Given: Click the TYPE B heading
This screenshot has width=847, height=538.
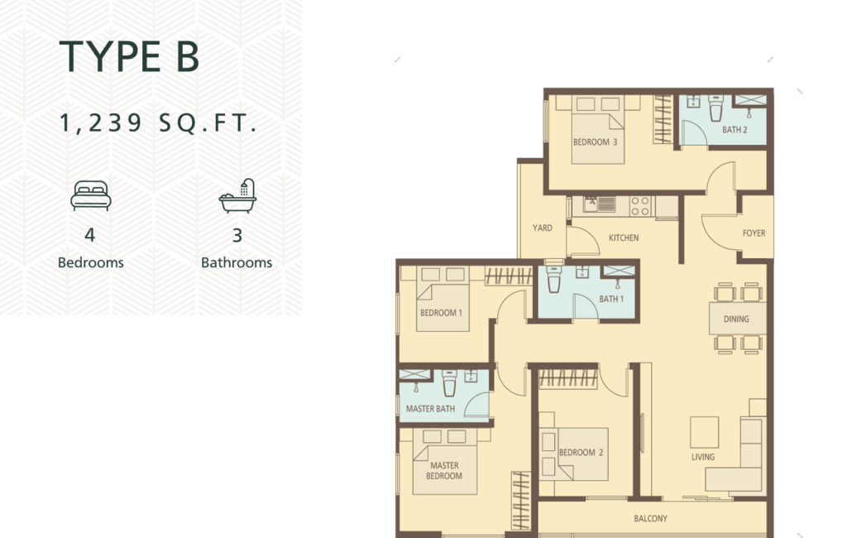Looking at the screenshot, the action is [130, 56].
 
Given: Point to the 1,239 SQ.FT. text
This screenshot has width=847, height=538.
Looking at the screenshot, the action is [158, 122].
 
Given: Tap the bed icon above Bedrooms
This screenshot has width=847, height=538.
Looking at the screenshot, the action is [91, 195].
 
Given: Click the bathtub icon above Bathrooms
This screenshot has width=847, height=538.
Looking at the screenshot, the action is [237, 195].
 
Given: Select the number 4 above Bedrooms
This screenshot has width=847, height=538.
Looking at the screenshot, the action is [90, 235].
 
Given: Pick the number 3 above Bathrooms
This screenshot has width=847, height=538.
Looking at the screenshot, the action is [237, 235].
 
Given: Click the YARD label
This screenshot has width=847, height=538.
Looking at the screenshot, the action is [543, 228].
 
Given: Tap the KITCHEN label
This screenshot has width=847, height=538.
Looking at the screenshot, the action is [624, 238].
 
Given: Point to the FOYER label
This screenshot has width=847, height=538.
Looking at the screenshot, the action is [754, 233].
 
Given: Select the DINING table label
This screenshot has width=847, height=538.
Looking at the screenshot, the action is [736, 319].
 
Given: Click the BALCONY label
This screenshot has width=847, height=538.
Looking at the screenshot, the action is [650, 518].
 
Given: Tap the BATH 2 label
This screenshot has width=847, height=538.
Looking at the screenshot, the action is [735, 130].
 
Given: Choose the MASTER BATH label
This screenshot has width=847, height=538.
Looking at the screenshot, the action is [430, 409].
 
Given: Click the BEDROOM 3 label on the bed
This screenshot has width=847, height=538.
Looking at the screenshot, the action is [595, 142].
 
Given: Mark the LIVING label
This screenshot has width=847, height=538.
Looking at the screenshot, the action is [703, 457].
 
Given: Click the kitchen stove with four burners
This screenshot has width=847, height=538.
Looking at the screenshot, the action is [641, 206].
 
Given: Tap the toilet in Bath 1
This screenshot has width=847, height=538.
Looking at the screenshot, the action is [554, 278].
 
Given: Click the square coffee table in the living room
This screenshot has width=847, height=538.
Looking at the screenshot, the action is [705, 432].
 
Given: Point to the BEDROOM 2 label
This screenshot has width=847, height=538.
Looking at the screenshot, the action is [581, 453].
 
